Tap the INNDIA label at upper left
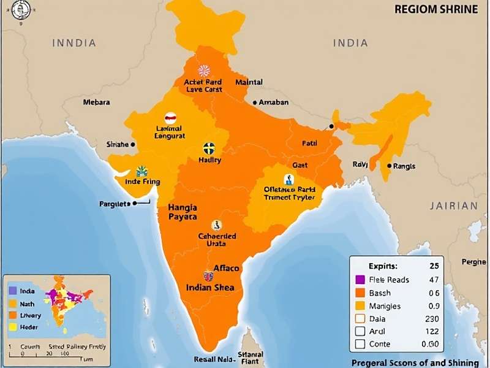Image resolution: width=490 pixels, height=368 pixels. pyautogui.click(x=74, y=43)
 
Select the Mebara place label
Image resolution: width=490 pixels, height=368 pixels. pyautogui.click(x=97, y=102)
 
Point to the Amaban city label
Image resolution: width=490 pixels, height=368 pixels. pyautogui.click(x=273, y=102)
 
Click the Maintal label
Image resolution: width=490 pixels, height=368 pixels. pyautogui.click(x=249, y=82)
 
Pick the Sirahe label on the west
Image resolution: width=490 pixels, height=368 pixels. pyautogui.click(x=117, y=144)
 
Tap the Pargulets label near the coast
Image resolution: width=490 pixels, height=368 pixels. pyautogui.click(x=115, y=204)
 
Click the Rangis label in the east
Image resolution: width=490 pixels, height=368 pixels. pyautogui.click(x=404, y=166)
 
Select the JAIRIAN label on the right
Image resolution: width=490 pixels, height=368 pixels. pyautogui.click(x=453, y=206)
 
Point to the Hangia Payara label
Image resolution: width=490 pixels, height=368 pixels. pyautogui.click(x=183, y=212)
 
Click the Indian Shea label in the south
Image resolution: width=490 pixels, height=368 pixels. pyautogui.click(x=211, y=287)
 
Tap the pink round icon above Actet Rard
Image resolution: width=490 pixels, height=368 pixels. pyautogui.click(x=204, y=71)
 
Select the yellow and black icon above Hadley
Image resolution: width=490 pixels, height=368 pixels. pyautogui.click(x=209, y=148)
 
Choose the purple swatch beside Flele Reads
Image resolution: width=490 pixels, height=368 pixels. pyautogui.click(x=360, y=280)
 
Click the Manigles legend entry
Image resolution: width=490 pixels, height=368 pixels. pyautogui.click(x=385, y=305)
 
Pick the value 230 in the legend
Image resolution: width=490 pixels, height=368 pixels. pyautogui.click(x=432, y=318)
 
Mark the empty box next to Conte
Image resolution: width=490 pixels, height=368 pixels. pyautogui.click(x=360, y=344)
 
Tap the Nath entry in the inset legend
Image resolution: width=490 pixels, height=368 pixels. pyautogui.click(x=27, y=303)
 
